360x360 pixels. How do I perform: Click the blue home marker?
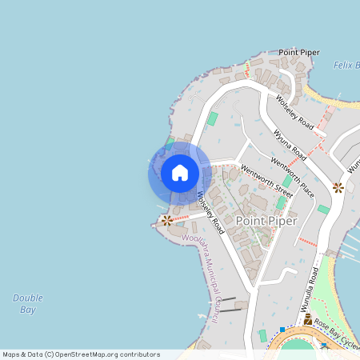(179, 173)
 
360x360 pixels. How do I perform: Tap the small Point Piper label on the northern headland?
(299, 52)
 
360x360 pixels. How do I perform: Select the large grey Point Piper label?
(266, 220)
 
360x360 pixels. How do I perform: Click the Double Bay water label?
(27, 303)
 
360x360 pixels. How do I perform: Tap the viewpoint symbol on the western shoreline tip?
(166, 220)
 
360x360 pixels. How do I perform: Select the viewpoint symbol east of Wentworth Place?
(338, 187)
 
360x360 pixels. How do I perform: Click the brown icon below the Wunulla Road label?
(307, 318)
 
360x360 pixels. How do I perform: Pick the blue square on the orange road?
(282, 330)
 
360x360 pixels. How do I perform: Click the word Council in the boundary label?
(216, 308)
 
